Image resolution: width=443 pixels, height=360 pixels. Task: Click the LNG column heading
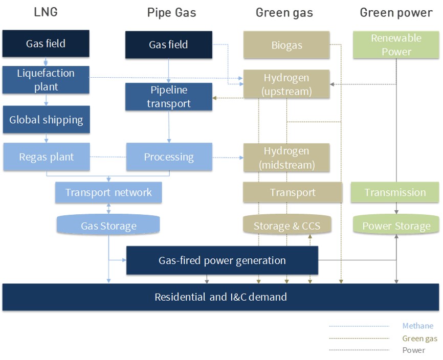(x=46, y=12)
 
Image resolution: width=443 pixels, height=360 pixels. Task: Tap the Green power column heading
(x=396, y=13)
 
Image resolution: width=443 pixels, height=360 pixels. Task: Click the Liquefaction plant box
(x=46, y=80)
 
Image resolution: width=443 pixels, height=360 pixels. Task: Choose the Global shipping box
(x=46, y=120)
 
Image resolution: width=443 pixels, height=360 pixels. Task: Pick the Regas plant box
(x=46, y=156)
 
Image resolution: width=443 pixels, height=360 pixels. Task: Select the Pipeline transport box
(x=169, y=97)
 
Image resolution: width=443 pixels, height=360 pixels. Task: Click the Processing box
(x=169, y=156)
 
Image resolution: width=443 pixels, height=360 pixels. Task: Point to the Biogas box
(x=286, y=45)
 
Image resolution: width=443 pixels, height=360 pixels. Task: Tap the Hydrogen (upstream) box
(x=286, y=84)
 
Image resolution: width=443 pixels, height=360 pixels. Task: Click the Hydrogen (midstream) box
(x=286, y=157)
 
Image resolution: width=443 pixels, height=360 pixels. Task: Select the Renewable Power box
(x=396, y=44)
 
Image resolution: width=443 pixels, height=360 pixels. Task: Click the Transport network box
(x=108, y=192)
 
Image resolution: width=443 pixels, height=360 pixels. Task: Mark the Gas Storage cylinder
(x=108, y=226)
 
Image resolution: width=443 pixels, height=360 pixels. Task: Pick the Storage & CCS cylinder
(x=286, y=226)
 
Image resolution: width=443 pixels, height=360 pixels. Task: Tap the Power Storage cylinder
(x=396, y=226)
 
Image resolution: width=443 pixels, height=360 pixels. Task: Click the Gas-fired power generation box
(x=222, y=260)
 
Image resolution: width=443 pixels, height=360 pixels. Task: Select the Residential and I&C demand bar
(x=221, y=297)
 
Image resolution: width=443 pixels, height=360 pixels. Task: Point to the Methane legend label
(x=417, y=326)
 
